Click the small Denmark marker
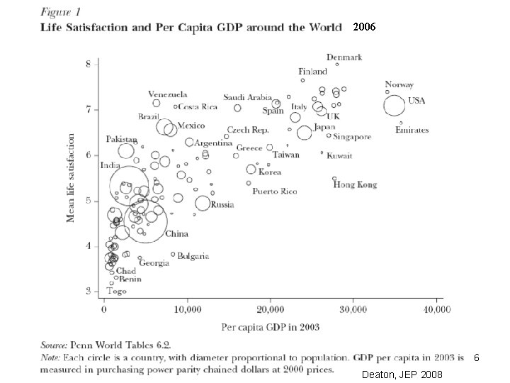click(x=337, y=65)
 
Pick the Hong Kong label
click(x=355, y=185)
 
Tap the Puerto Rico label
click(x=275, y=191)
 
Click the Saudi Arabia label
click(x=247, y=97)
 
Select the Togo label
click(x=116, y=292)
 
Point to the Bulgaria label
click(x=193, y=256)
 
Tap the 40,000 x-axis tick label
click(x=437, y=309)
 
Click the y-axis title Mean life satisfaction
click(x=70, y=178)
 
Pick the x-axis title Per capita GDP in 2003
click(x=271, y=327)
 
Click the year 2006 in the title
click(x=364, y=27)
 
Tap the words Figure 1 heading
click(x=60, y=12)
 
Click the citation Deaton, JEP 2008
click(x=402, y=374)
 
